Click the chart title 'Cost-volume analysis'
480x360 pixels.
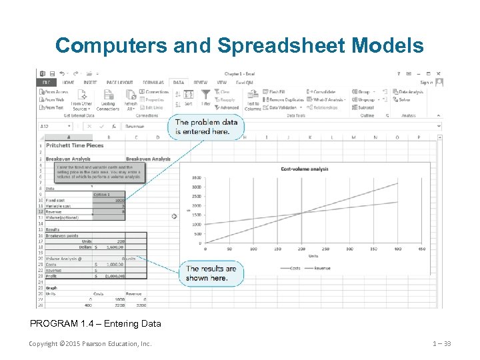pos(305,169)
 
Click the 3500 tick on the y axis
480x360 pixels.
pos(196,177)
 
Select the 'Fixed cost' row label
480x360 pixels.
pos(55,200)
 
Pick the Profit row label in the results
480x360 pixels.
pos(51,275)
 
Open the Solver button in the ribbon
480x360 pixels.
pos(404,99)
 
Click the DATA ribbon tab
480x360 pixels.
pos(179,83)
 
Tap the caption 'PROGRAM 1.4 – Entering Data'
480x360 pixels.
pos(95,324)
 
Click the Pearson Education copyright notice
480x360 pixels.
pos(90,344)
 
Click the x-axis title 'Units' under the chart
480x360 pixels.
pos(313,255)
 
